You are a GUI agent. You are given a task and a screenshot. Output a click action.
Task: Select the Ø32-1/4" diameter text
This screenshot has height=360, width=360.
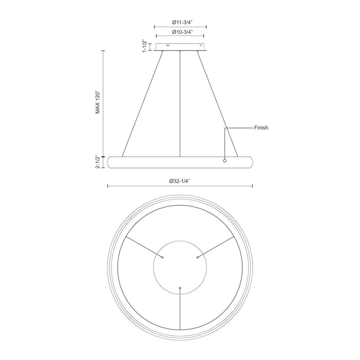click(x=180, y=182)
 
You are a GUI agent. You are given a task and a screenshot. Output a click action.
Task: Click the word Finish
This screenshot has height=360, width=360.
click(x=261, y=127)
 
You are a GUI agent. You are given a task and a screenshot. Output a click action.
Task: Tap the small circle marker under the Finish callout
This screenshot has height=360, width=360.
click(x=224, y=161)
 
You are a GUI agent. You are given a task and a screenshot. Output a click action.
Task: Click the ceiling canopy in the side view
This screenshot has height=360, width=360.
click(x=180, y=47)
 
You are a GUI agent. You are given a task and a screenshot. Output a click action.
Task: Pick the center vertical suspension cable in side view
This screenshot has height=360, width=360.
click(x=180, y=103)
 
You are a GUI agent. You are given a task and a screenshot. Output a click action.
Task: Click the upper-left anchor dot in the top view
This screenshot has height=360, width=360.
click(x=163, y=257)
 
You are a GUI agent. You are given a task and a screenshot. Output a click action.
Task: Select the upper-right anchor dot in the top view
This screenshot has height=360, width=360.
click(x=197, y=257)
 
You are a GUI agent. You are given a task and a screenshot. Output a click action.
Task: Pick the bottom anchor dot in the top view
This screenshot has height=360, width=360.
click(x=180, y=288)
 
